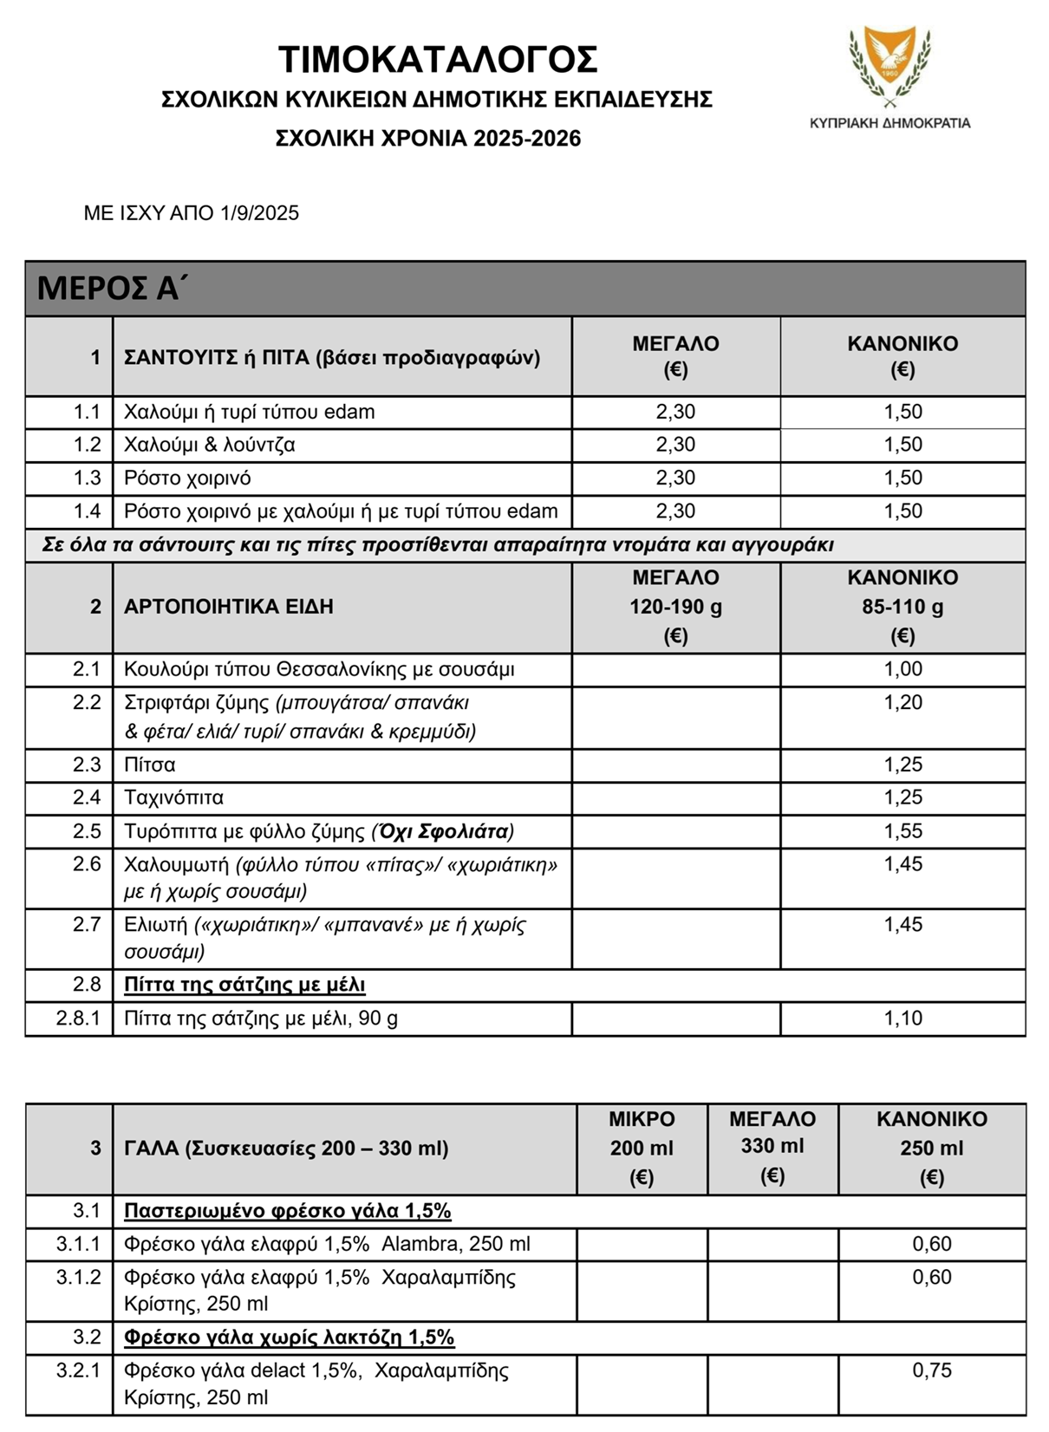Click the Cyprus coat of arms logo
889,64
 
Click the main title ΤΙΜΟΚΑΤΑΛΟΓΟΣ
438,61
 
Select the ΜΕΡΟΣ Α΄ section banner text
112,288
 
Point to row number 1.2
87,445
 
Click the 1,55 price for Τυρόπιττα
902,831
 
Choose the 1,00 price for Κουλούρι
902,669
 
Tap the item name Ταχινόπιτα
173,797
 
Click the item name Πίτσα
149,765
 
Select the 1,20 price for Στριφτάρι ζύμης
902,703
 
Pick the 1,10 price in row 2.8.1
902,1019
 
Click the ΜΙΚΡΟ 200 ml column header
642,1148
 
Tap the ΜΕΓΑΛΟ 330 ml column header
772,1146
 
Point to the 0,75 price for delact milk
932,1370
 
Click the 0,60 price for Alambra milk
932,1244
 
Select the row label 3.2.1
78,1370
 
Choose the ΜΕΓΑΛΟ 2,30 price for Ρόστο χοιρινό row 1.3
675,478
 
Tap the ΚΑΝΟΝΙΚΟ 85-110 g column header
902,607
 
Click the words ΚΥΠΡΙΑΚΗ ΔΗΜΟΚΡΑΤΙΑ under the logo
889,123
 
